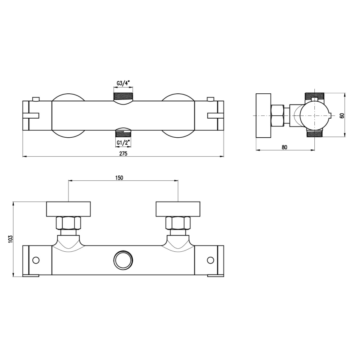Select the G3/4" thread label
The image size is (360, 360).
pyautogui.click(x=123, y=83)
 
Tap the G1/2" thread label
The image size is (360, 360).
pyautogui.click(x=123, y=142)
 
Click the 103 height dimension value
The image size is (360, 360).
pyautogui.click(x=11, y=238)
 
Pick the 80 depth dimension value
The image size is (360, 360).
pyautogui.click(x=285, y=146)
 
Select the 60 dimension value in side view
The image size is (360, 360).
pyautogui.click(x=342, y=115)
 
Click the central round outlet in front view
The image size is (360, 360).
pyautogui.click(x=122, y=260)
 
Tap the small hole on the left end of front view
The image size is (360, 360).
pyautogui.click(x=36, y=260)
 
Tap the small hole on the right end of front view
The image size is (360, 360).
pyautogui.click(x=210, y=260)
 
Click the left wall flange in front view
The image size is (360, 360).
pyautogui.click(x=68, y=209)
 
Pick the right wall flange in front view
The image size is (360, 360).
pyautogui.click(x=178, y=209)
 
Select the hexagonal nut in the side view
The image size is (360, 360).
pyautogui.click(x=277, y=115)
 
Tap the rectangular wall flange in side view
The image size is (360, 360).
pyautogui.click(x=263, y=115)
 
